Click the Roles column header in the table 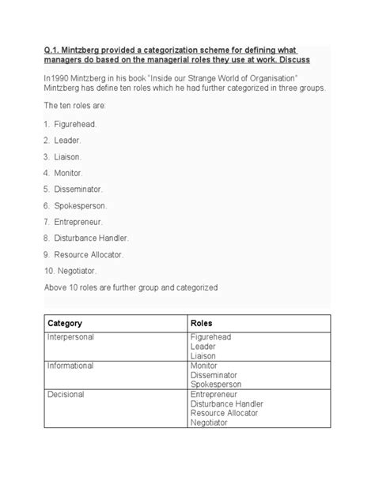(x=203, y=324)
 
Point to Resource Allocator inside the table (x=227, y=414)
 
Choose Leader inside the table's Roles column (x=205, y=346)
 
